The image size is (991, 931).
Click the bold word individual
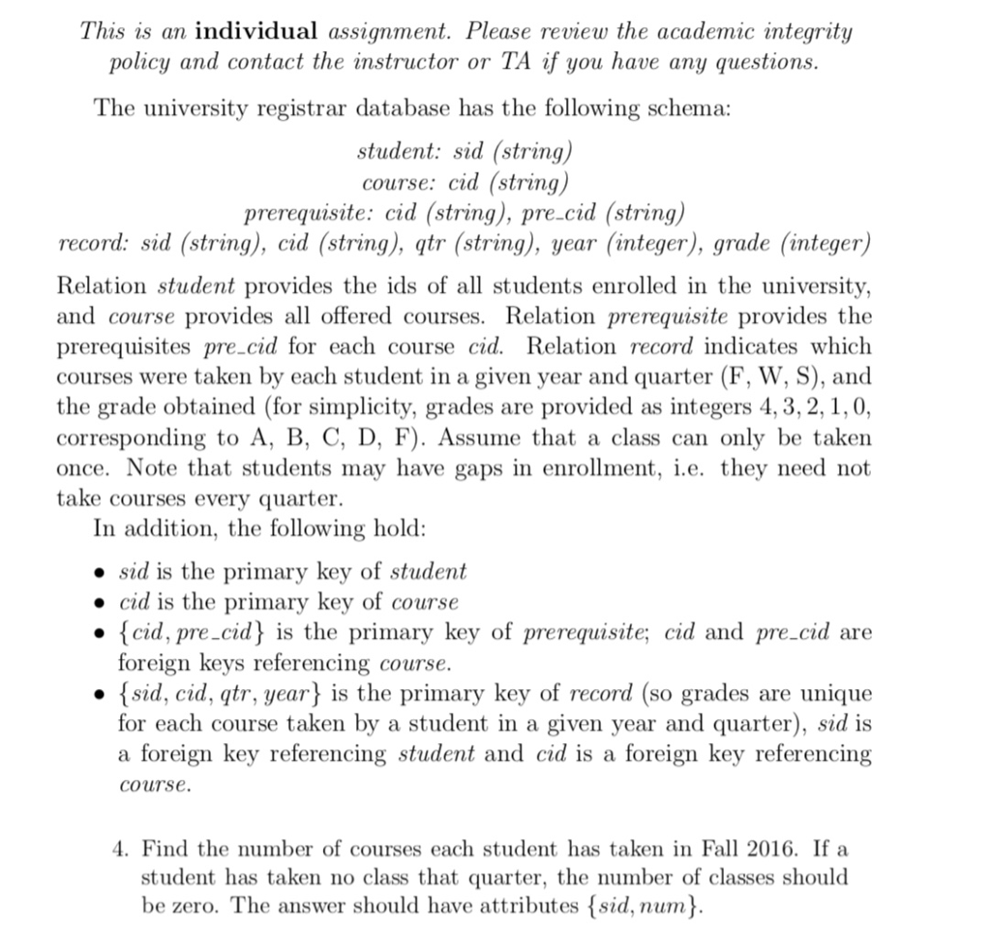(255, 31)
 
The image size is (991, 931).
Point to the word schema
(679, 107)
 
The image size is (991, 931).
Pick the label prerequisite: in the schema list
(310, 212)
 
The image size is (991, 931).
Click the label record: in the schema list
(95, 242)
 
